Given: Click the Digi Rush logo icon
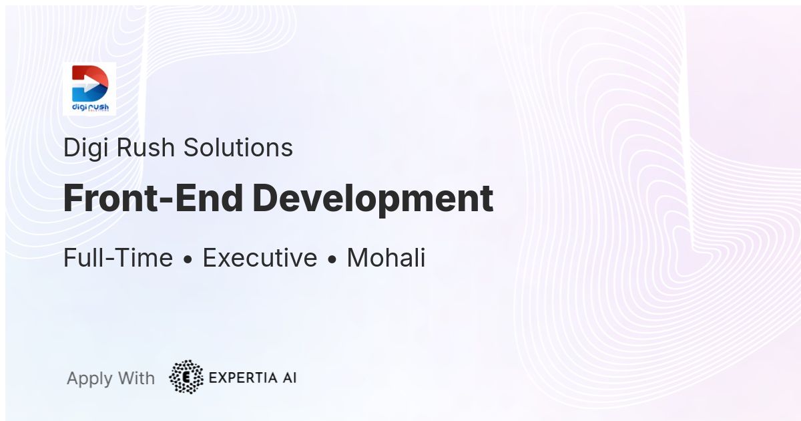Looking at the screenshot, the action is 89,89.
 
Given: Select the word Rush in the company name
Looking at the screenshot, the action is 146,147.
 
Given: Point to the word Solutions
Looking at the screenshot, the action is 238,147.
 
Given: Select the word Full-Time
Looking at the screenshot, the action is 118,257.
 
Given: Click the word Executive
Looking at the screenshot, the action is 260,257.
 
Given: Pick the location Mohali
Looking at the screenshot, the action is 386,257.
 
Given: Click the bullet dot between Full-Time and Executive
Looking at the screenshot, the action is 188,259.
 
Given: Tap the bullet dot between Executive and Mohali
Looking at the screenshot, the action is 332,259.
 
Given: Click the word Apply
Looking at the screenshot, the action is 89,379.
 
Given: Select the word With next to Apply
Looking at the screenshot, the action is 136,378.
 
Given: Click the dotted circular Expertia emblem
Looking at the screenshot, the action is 186,377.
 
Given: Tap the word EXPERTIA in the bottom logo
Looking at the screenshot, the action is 243,378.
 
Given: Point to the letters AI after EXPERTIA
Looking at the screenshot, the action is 290,378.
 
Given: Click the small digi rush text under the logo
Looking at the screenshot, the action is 91,107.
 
